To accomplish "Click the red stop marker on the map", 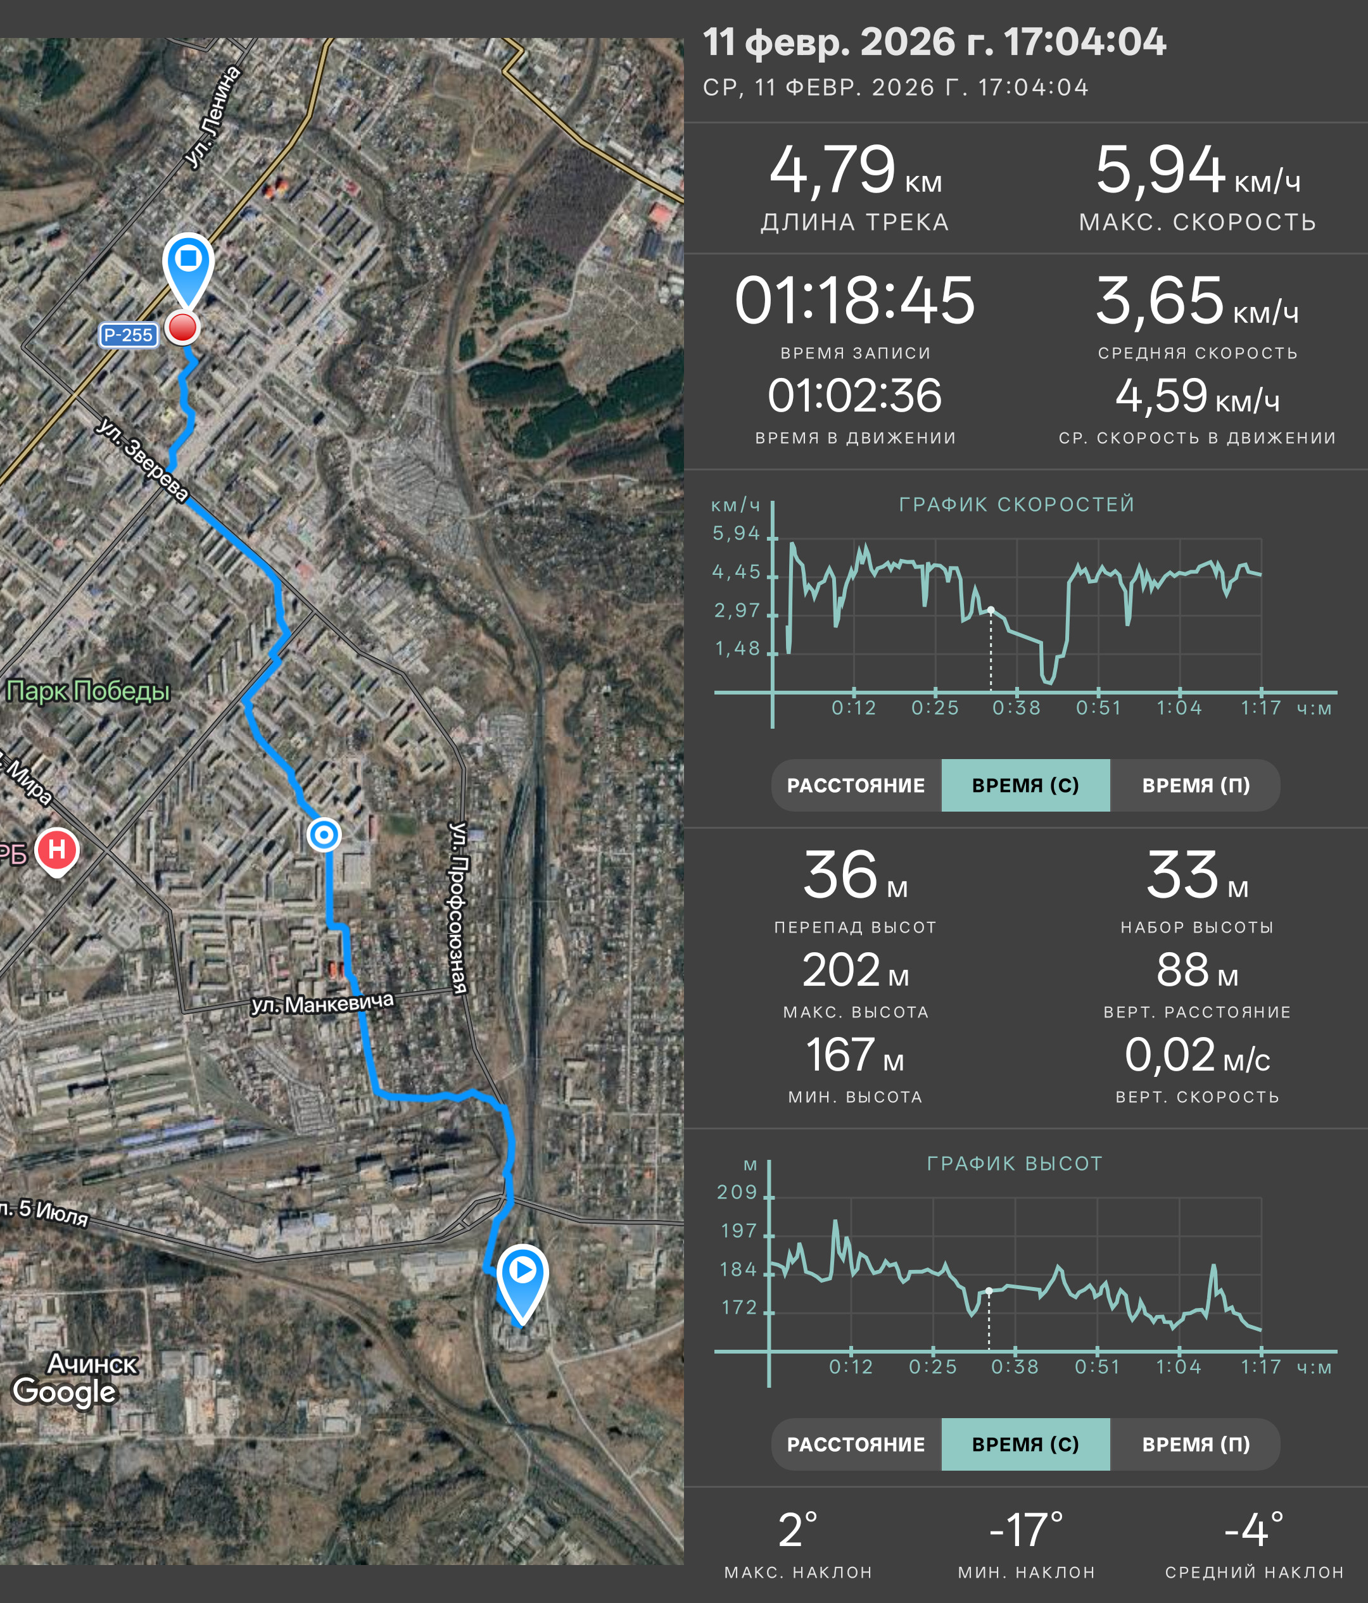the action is [x=182, y=327].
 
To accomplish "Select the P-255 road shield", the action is [x=129, y=335].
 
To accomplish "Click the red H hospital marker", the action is [x=57, y=851].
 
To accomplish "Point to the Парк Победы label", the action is [x=87, y=691].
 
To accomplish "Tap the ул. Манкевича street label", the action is [x=322, y=1003].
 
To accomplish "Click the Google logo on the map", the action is [x=64, y=1391].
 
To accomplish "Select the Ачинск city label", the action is [x=92, y=1363].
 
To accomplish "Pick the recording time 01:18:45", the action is [x=854, y=300].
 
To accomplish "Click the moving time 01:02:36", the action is [x=854, y=395].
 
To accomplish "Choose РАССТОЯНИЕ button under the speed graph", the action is [x=856, y=785].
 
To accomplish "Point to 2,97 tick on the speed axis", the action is [x=737, y=610].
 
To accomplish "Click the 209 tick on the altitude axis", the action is [x=737, y=1191].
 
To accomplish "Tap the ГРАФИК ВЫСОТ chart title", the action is [x=1015, y=1164].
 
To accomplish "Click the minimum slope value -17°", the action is [x=1026, y=1531].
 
